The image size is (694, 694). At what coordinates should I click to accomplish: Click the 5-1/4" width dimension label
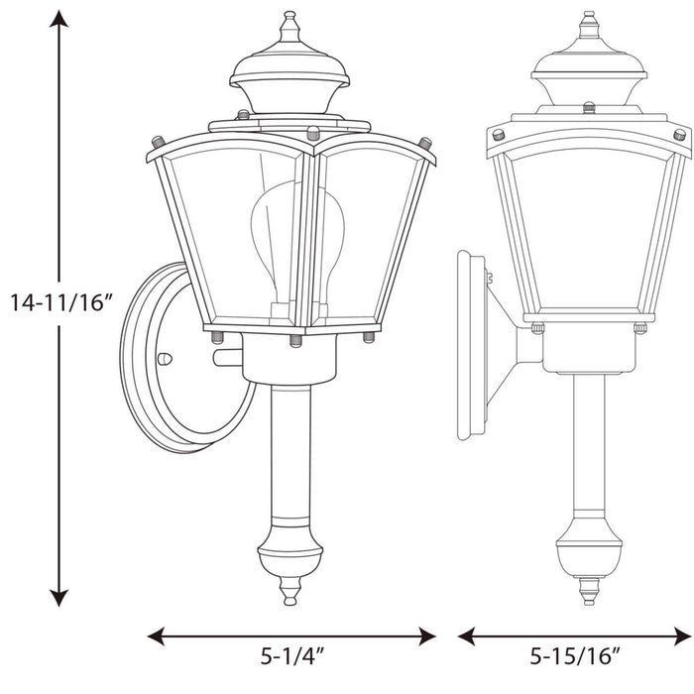293,655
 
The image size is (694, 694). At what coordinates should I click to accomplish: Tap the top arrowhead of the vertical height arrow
60,20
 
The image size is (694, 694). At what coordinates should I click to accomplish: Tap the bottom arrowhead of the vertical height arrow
60,597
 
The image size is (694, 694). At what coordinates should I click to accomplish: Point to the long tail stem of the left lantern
289,456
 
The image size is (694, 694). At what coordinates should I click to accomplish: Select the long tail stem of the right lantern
589,446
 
